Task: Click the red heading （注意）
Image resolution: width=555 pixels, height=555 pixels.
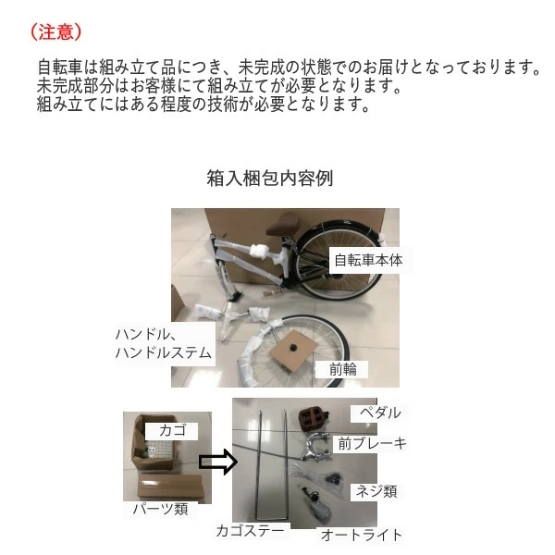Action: (x=56, y=31)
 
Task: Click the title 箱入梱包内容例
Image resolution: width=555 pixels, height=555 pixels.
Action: (x=269, y=179)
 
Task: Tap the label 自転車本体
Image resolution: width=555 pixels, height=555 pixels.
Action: (x=368, y=260)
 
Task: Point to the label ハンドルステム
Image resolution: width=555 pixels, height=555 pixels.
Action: (x=163, y=353)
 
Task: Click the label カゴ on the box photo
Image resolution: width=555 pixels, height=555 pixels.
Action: (x=171, y=430)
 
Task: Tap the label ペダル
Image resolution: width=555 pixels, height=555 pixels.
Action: (x=379, y=413)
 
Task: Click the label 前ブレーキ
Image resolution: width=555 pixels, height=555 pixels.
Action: (x=373, y=444)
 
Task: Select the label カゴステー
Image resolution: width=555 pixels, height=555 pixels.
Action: (x=252, y=531)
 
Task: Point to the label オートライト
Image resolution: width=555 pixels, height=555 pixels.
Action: (x=361, y=535)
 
